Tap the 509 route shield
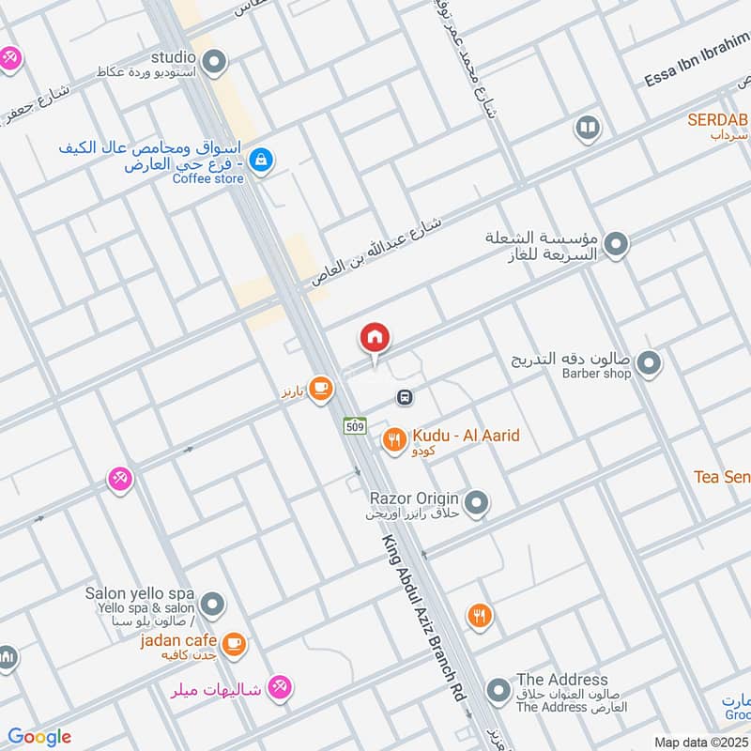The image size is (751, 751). tap(354, 426)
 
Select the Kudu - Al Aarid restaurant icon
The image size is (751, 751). tap(393, 438)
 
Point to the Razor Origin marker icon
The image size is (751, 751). tap(476, 504)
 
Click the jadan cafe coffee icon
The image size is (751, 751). tap(235, 644)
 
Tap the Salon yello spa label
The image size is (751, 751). tap(139, 594)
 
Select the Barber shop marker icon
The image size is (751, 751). tap(648, 362)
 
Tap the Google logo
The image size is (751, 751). tap(39, 737)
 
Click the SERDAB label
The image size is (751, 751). tap(718, 120)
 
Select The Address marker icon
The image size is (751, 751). tap(500, 693)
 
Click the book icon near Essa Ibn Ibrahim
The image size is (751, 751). tap(588, 128)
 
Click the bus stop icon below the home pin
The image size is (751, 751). tap(405, 398)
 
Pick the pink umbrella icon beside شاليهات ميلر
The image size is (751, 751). tap(278, 688)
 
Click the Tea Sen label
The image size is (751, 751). tap(722, 477)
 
